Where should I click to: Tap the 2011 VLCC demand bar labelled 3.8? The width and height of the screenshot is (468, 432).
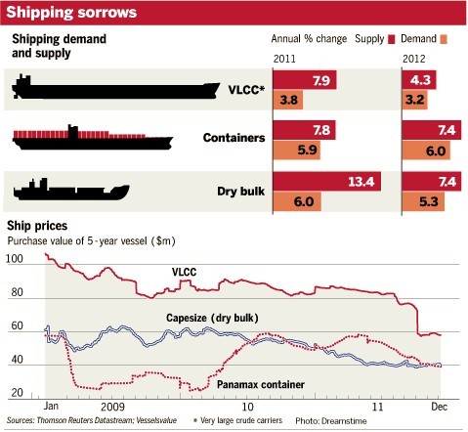[x=289, y=99]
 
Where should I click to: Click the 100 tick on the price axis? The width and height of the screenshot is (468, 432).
[x=14, y=259]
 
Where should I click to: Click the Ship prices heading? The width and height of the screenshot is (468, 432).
[x=37, y=226]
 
